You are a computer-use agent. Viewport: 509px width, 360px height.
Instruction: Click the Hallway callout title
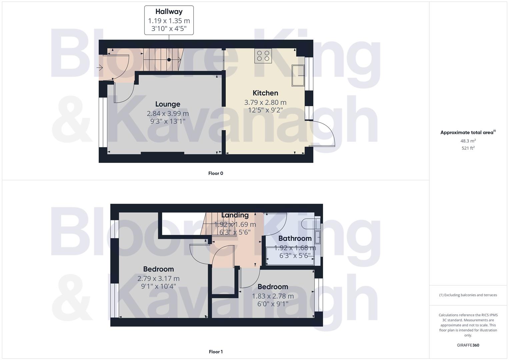(x=169, y=12)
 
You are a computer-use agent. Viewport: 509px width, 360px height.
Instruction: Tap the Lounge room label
(x=168, y=104)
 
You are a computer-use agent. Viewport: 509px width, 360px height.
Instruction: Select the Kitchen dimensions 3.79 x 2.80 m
(x=265, y=102)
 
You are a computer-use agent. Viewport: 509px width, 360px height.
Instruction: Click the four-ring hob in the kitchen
(x=263, y=56)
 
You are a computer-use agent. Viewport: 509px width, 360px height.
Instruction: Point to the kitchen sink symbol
(x=298, y=76)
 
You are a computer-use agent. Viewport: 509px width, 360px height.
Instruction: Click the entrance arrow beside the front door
(x=99, y=68)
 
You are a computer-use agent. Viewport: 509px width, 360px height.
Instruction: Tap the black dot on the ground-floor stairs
(x=169, y=60)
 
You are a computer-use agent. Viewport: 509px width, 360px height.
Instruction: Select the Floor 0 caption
(x=216, y=173)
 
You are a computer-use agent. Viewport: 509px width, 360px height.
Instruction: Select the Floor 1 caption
(x=216, y=352)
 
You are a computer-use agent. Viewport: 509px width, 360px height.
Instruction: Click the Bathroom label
(x=295, y=238)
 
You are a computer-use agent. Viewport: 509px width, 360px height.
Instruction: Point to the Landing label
(x=235, y=215)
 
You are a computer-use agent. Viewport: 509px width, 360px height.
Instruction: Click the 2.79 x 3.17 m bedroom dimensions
(x=158, y=278)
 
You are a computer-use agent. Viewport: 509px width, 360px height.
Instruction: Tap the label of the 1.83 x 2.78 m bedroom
(x=273, y=287)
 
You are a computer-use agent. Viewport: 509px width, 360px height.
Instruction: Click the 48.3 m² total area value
(x=468, y=141)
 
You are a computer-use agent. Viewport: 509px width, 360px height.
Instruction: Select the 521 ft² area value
(x=468, y=148)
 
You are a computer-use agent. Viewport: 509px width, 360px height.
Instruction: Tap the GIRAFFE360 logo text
(x=468, y=345)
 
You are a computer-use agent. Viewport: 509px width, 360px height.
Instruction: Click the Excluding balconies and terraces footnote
(x=468, y=295)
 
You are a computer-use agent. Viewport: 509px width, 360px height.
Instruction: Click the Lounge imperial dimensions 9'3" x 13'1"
(x=168, y=121)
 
